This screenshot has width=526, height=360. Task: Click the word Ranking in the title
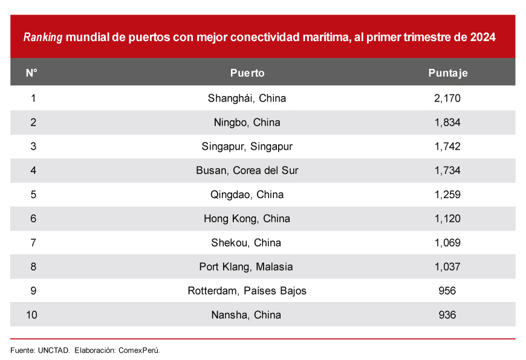pos(43,37)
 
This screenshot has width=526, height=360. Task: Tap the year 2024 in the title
pos(482,37)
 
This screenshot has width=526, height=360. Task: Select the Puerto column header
pos(247,73)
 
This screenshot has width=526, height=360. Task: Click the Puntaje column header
pos(447,73)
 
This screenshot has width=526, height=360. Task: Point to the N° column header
pos(32,73)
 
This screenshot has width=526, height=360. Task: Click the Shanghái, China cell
pos(247,98)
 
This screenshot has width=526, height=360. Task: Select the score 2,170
pos(447,98)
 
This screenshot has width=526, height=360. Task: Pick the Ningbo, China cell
pos(247,122)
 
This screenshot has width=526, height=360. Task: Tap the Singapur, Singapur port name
pos(247,146)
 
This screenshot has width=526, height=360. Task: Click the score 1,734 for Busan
pos(447,170)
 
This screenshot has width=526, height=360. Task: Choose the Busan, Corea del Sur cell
pos(247,170)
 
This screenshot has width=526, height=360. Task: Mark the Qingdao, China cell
pos(247,194)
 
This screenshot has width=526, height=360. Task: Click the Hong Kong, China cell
pos(247,219)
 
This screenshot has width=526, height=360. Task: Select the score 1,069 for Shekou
pos(447,243)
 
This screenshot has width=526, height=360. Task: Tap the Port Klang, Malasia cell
pos(247,266)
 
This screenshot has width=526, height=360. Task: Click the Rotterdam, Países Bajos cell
pos(247,291)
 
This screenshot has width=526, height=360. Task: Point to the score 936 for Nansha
pos(447,315)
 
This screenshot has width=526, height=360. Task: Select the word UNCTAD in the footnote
pos(54,350)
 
